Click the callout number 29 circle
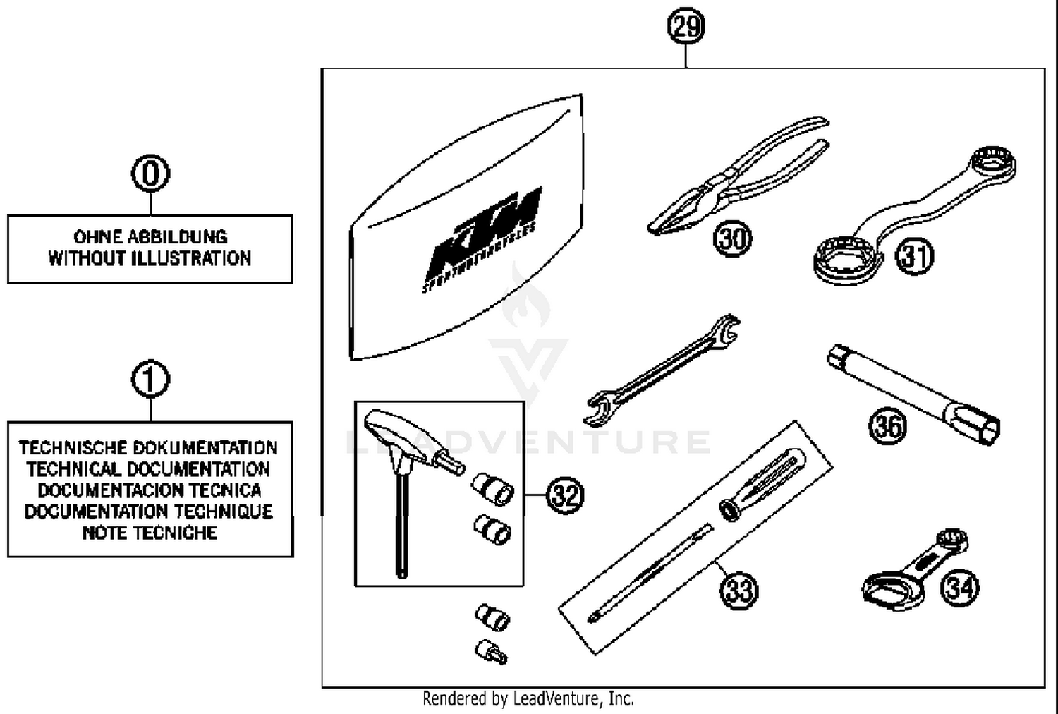[x=686, y=27]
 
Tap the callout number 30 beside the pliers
[x=733, y=238]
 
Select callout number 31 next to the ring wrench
[x=915, y=256]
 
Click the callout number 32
[x=565, y=495]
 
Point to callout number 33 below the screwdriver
[x=738, y=590]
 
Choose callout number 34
[x=960, y=588]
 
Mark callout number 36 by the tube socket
[x=887, y=426]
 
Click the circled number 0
[x=150, y=174]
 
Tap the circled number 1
[x=150, y=380]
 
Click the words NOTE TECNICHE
[x=150, y=533]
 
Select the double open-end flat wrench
[x=663, y=370]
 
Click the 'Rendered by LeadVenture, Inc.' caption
[x=528, y=698]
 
